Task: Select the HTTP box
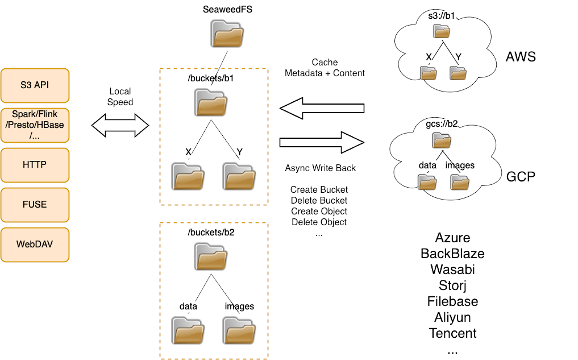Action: [35, 165]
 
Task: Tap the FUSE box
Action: [35, 205]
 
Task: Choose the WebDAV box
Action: [35, 245]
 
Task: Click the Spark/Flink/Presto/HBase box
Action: [35, 125]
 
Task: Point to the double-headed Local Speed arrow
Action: [120, 125]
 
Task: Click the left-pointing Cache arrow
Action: [321, 108]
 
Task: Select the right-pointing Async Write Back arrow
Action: [321, 140]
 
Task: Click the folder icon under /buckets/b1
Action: [213, 102]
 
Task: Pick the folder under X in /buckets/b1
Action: [188, 176]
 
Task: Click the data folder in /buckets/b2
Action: [188, 329]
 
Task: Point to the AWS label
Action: [521, 57]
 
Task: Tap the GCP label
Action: [521, 176]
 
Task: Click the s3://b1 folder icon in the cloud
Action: [442, 31]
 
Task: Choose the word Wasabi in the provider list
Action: [452, 269]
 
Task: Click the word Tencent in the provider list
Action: [452, 333]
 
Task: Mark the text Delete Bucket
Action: [319, 200]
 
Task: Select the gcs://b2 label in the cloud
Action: [442, 123]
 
